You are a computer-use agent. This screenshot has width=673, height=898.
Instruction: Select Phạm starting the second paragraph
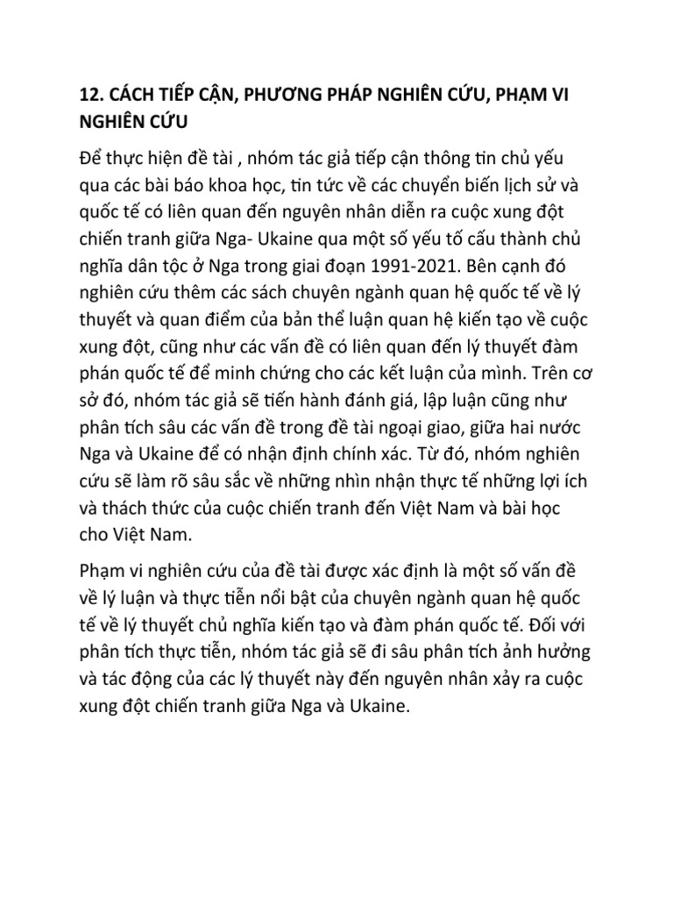(x=103, y=572)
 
